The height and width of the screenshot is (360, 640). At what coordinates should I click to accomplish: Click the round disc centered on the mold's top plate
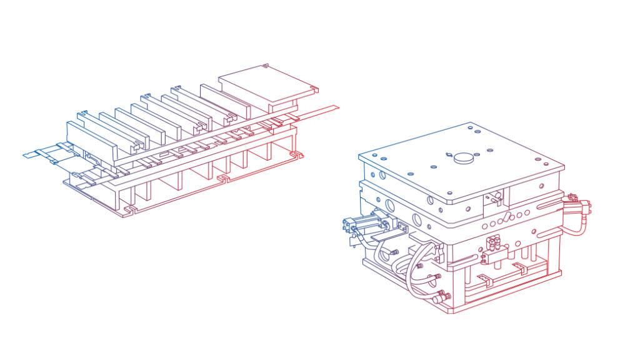463,157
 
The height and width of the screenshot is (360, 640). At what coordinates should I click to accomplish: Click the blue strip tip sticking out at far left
31,153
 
